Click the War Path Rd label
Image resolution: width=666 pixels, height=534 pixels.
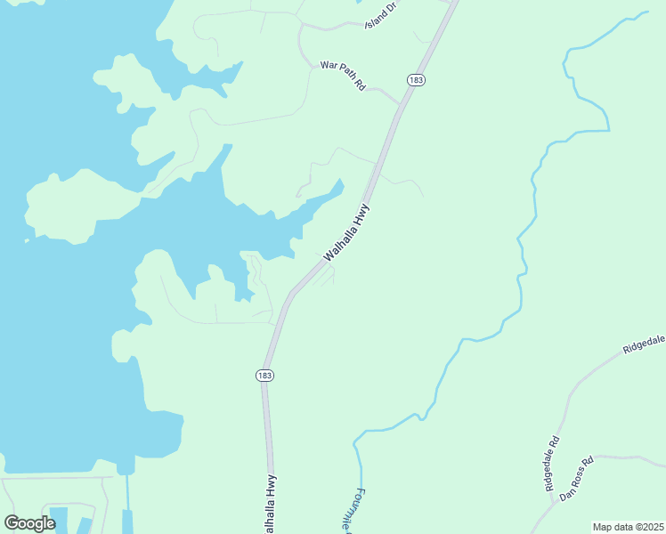(344, 77)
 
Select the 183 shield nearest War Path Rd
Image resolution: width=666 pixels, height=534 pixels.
(415, 80)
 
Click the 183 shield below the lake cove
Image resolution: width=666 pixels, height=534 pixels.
(264, 376)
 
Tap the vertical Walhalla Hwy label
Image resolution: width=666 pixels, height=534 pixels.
(270, 504)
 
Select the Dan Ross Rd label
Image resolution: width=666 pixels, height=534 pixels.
(576, 480)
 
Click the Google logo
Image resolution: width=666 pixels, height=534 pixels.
(29, 523)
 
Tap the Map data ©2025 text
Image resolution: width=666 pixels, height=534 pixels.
(628, 526)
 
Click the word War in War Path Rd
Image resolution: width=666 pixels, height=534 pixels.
(329, 67)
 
